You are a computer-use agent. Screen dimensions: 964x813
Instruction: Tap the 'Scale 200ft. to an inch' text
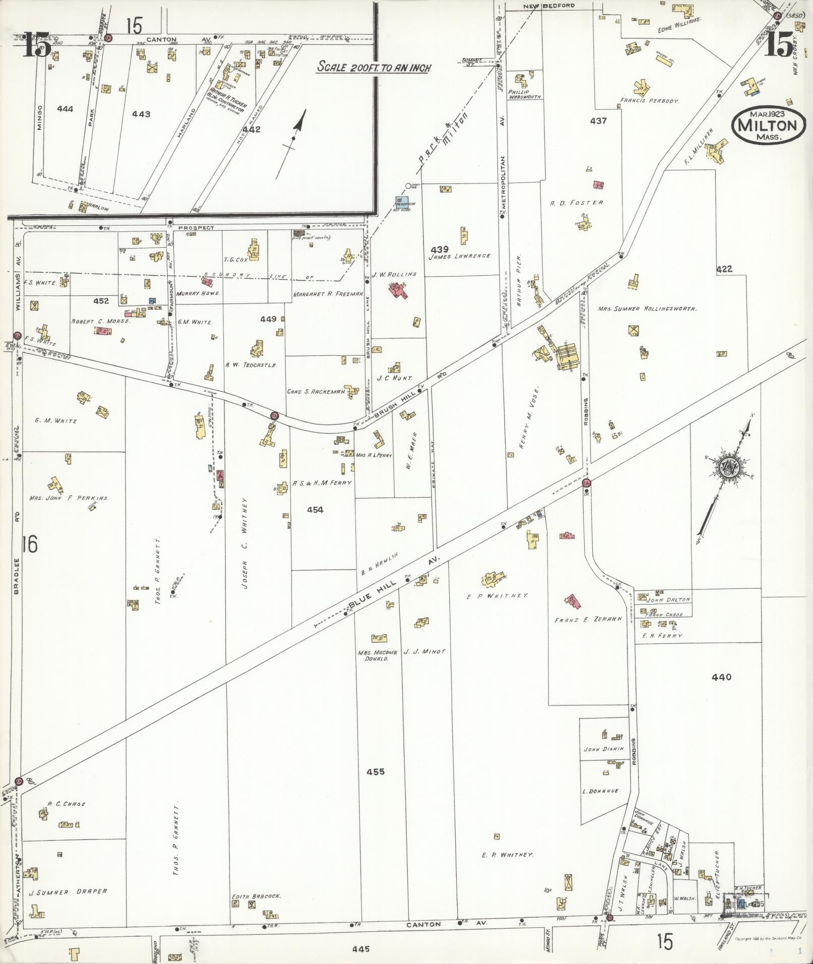click(x=373, y=67)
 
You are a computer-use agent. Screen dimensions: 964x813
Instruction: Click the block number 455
click(x=376, y=772)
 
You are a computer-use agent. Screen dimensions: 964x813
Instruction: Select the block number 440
click(x=721, y=677)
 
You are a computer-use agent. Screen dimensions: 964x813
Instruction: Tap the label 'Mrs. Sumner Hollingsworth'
click(x=647, y=308)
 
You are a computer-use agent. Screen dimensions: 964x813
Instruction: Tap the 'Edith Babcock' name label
click(x=256, y=896)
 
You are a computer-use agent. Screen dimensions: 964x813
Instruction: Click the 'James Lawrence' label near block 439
click(x=460, y=256)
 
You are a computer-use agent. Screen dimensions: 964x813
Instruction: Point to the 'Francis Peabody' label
click(x=649, y=101)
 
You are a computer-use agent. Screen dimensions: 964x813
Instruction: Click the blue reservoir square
click(x=401, y=202)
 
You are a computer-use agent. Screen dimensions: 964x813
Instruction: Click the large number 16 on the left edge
click(x=30, y=545)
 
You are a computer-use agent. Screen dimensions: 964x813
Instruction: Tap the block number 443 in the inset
click(x=141, y=114)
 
